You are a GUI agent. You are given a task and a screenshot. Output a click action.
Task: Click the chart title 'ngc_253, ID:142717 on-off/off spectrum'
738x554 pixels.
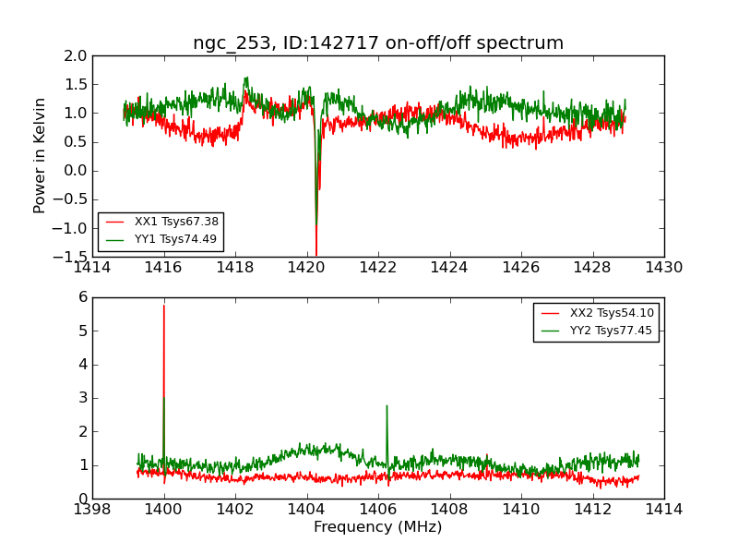378,43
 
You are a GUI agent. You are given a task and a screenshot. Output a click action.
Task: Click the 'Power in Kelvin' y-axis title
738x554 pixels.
40,155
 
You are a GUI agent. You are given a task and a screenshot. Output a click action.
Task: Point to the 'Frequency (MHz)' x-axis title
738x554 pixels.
378,527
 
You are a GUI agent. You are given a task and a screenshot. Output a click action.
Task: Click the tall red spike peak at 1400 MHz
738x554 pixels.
164,306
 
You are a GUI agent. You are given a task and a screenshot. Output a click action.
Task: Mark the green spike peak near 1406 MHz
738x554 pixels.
387,405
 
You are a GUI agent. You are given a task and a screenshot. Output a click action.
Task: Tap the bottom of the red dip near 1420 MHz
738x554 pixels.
315,254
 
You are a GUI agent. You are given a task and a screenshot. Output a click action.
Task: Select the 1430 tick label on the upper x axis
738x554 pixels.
663,268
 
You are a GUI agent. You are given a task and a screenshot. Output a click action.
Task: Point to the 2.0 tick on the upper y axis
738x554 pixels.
77,56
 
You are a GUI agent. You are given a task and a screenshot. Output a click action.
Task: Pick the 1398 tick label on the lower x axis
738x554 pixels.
92,510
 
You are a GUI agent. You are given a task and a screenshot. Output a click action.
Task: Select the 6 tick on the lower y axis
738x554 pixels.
82,297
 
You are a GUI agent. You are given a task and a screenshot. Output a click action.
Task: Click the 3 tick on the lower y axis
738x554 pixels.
82,398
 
